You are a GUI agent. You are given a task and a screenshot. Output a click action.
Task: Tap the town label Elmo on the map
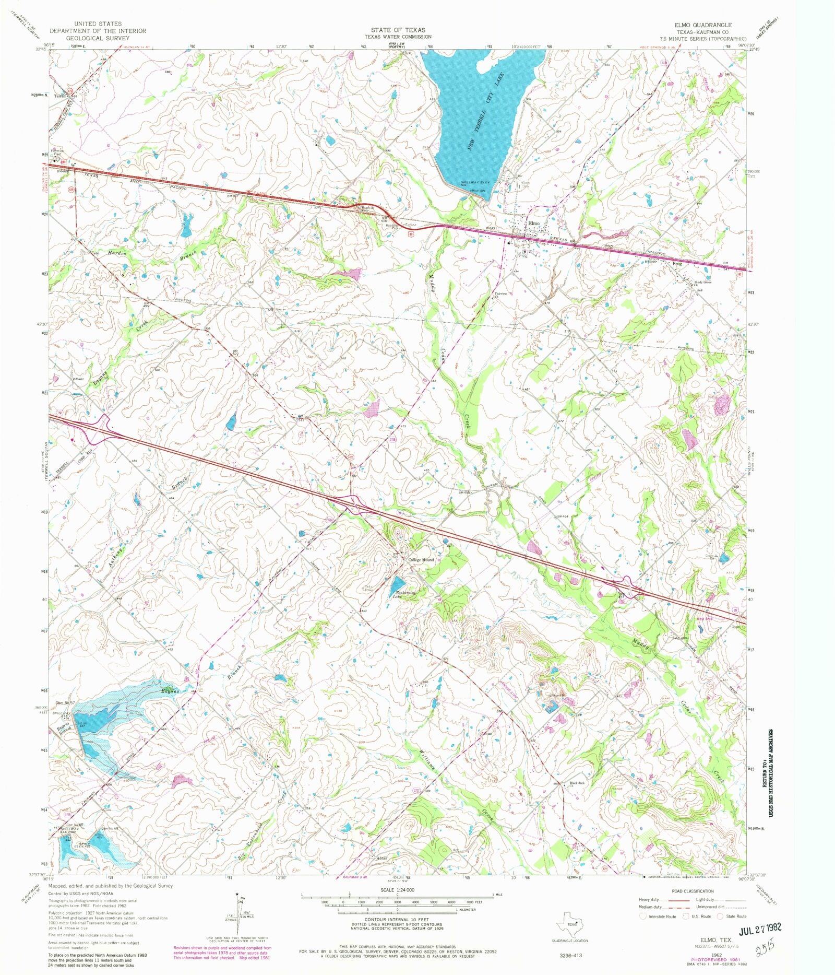pos(533,223)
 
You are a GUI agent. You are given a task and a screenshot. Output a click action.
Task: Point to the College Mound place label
pos(421,560)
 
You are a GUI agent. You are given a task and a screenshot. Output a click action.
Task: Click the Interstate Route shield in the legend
pos(643,916)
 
